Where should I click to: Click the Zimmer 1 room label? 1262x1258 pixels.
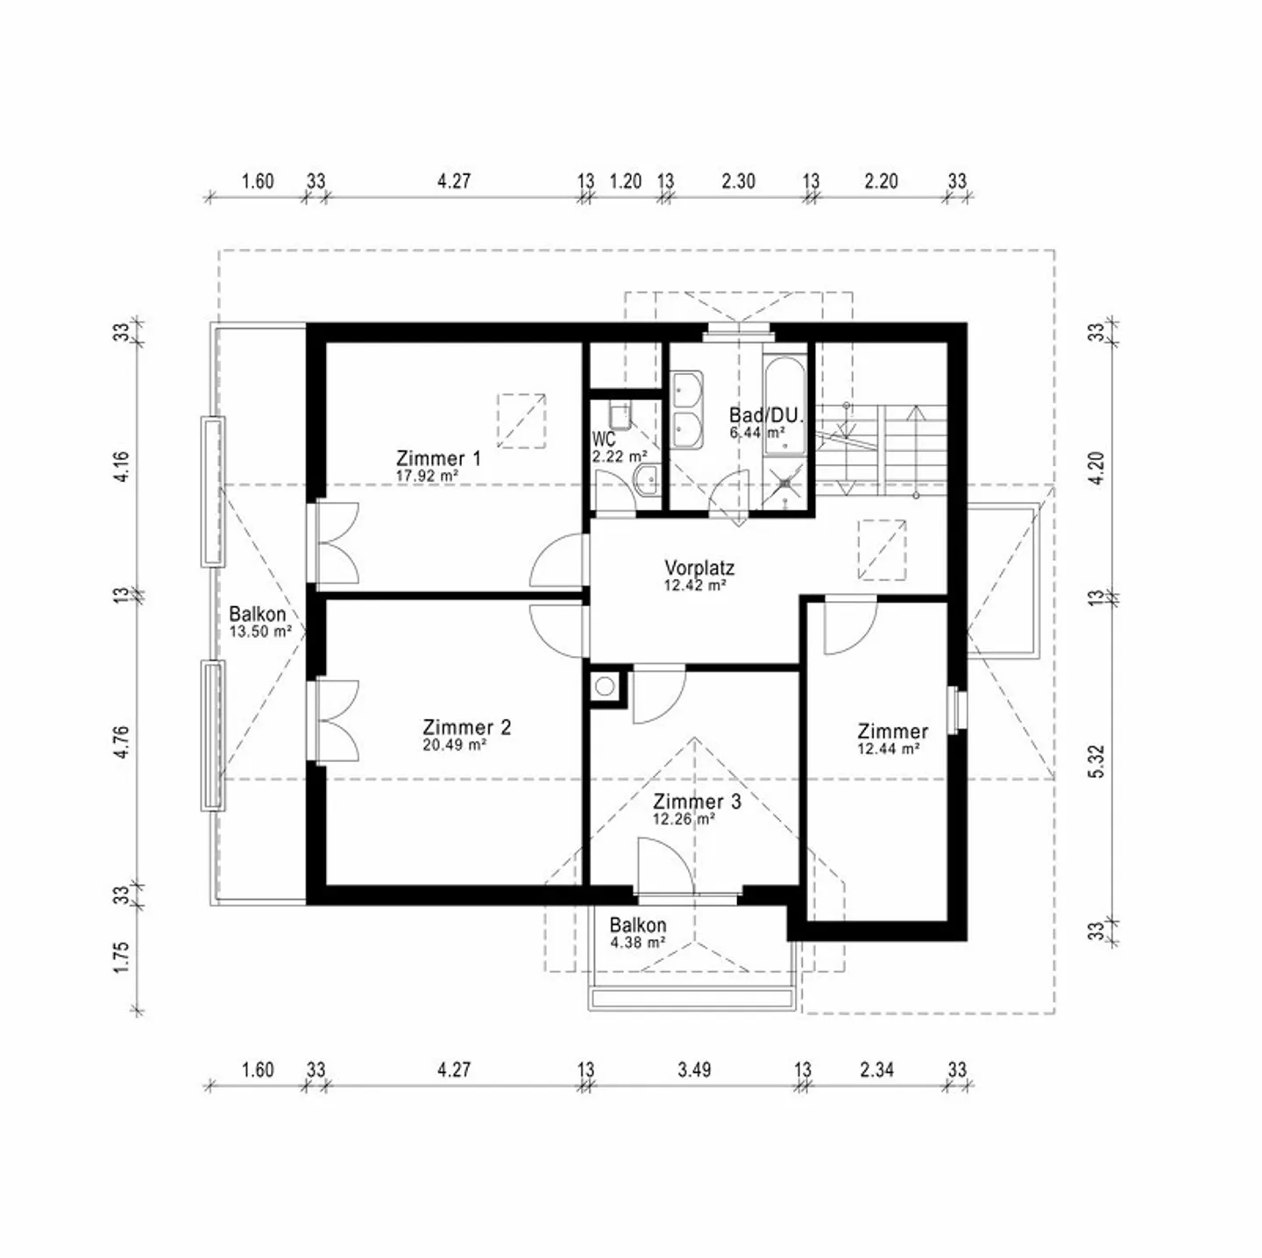pyautogui.click(x=438, y=458)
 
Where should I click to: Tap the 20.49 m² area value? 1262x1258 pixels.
pyautogui.click(x=455, y=745)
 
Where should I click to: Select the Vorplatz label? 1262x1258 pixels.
pyautogui.click(x=698, y=567)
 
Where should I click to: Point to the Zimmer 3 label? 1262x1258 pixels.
pyautogui.click(x=697, y=802)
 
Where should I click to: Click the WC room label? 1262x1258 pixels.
pyautogui.click(x=604, y=438)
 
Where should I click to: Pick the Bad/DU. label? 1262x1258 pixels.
pyautogui.click(x=766, y=415)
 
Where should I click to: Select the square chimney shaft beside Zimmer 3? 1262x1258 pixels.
pyautogui.click(x=605, y=686)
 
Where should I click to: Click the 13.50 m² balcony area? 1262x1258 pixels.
pyautogui.click(x=260, y=632)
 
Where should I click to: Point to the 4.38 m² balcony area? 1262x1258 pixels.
pyautogui.click(x=637, y=943)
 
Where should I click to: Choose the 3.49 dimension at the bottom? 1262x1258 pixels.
pyautogui.click(x=694, y=1070)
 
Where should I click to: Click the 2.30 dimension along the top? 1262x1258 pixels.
pyautogui.click(x=739, y=180)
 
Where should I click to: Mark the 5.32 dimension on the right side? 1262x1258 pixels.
pyautogui.click(x=1098, y=761)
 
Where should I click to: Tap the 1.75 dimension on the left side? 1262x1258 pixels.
pyautogui.click(x=121, y=958)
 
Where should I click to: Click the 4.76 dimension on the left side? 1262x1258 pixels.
pyautogui.click(x=121, y=743)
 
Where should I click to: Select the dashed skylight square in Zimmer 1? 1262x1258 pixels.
pyautogui.click(x=521, y=421)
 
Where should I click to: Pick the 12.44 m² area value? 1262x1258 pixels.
pyautogui.click(x=889, y=748)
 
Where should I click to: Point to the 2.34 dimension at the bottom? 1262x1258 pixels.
pyautogui.click(x=877, y=1070)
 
